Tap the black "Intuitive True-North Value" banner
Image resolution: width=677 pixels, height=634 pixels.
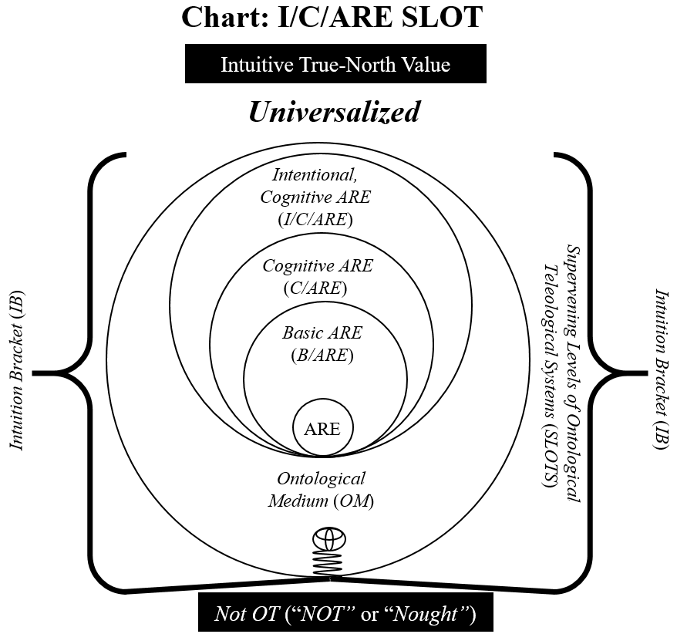[335, 64]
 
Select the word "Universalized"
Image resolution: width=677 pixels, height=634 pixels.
[334, 113]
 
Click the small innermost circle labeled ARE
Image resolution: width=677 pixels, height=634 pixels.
[322, 428]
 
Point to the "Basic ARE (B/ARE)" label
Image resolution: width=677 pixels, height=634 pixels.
[322, 344]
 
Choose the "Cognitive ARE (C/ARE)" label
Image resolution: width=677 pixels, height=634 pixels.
[317, 278]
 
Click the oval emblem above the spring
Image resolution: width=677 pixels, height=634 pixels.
[328, 538]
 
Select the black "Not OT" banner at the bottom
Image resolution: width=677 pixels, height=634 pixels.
[345, 614]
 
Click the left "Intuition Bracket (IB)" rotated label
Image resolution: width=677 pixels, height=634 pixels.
[17, 370]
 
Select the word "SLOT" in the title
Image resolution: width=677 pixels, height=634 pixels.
[440, 17]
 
